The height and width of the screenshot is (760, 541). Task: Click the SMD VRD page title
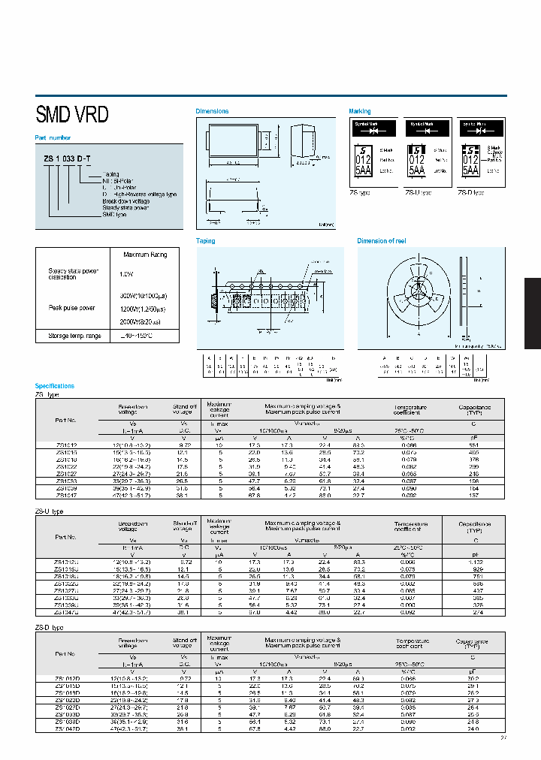pyautogui.click(x=72, y=115)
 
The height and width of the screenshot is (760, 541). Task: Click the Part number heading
pyautogui.click(x=53, y=137)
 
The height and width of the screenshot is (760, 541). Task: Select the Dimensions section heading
pyautogui.click(x=212, y=111)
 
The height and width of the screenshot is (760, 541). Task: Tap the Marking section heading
pyautogui.click(x=360, y=111)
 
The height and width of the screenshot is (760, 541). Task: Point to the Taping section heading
pyautogui.click(x=206, y=241)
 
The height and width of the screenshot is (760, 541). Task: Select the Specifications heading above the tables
pyautogui.click(x=55, y=386)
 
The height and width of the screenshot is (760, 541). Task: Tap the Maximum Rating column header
pyautogui.click(x=145, y=255)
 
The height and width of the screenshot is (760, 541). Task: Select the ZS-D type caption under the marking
pyautogui.click(x=472, y=193)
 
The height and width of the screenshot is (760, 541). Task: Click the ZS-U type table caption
pyautogui.click(x=51, y=511)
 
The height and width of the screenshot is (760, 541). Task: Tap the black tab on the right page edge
pyautogui.click(x=532, y=313)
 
